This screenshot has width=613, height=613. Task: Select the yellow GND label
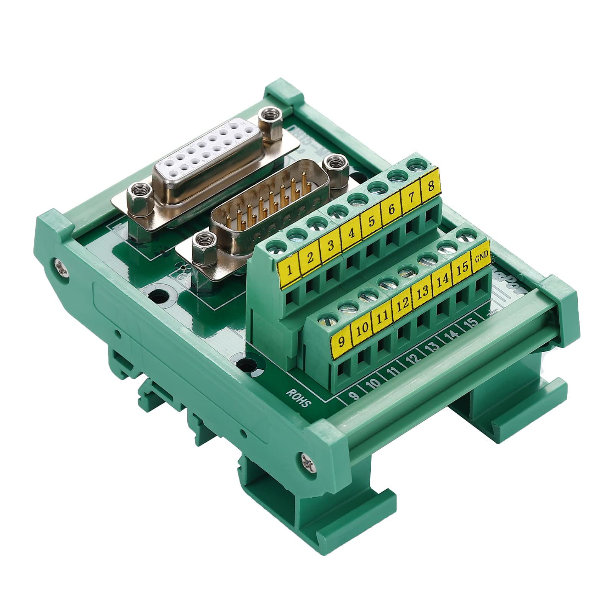click(x=481, y=257)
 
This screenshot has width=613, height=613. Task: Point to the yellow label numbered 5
click(x=370, y=223)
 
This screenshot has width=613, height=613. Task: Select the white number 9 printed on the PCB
click(x=355, y=394)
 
